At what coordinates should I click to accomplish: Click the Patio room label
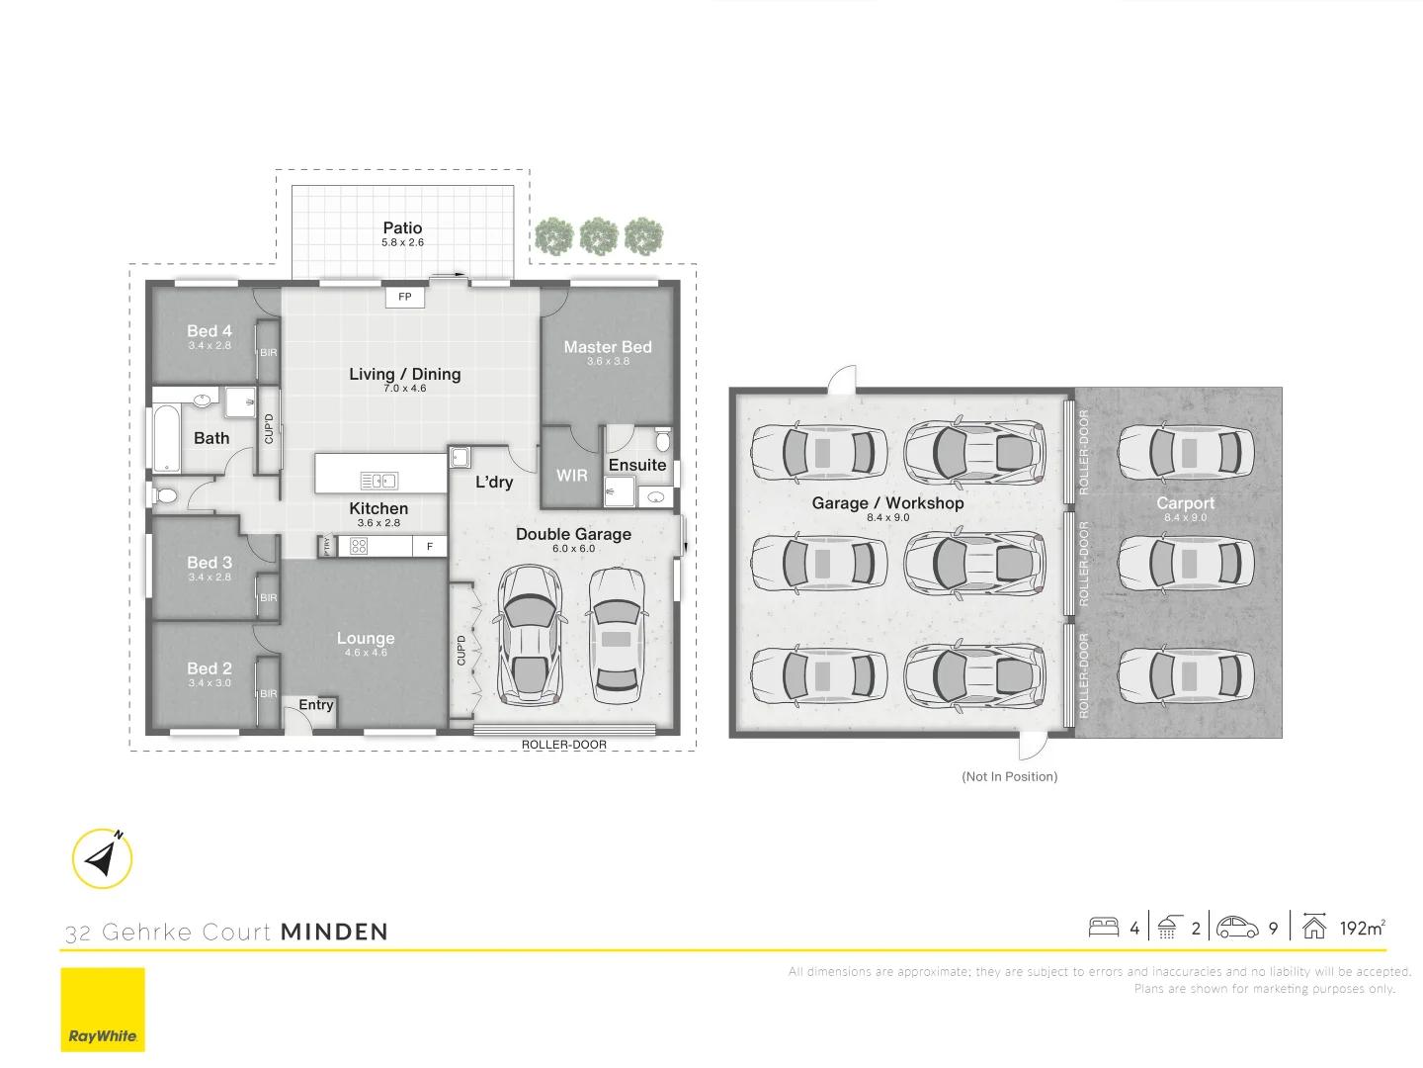pos(402,228)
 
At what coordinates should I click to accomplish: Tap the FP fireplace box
pos(405,297)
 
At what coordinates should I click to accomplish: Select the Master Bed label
pos(608,347)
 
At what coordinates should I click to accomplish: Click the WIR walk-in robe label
pos(571,476)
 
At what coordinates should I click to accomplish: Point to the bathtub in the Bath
pos(167,438)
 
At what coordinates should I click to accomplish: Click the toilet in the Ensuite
pos(663,439)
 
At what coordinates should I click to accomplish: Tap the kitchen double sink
pos(378,482)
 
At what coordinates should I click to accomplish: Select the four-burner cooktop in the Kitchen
pos(359,546)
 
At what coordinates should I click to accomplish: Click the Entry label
pos(316,705)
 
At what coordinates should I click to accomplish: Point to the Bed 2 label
pos(209,669)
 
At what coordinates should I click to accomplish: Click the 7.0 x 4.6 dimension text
pos(405,389)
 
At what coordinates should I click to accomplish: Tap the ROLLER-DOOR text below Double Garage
pos(564,745)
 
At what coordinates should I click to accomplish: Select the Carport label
pos(1185,503)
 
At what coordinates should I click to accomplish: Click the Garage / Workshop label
pos(887,503)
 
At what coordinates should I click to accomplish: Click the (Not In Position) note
pos(1009,777)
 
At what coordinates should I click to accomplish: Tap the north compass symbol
pos(102,858)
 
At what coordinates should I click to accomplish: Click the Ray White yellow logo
pos(103,1009)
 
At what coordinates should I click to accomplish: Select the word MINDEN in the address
pos(334,933)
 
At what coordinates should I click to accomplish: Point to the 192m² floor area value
pos(1362,929)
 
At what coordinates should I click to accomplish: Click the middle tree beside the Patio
pos(599,237)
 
